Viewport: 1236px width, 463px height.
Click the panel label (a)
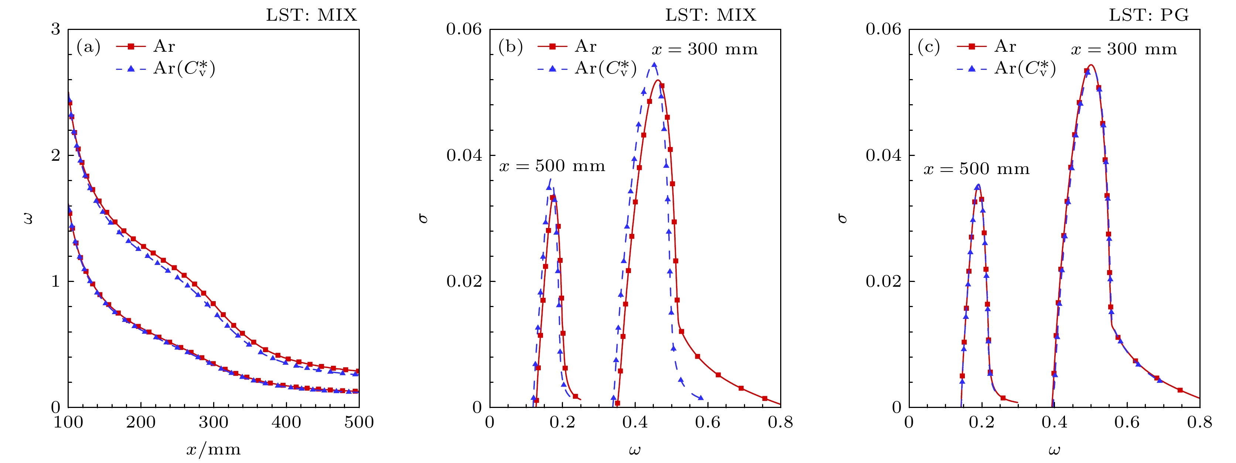click(88, 47)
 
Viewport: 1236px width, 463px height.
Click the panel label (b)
click(510, 47)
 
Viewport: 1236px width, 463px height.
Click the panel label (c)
click(928, 47)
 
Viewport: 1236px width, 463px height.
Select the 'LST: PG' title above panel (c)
click(1148, 16)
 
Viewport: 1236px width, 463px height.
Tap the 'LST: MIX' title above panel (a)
click(311, 16)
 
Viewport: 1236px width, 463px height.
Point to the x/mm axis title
click(214, 450)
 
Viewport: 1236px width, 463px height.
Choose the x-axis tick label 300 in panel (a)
click(214, 423)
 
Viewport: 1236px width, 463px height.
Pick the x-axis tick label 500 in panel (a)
click(359, 423)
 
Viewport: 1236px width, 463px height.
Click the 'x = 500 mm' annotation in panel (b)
click(552, 166)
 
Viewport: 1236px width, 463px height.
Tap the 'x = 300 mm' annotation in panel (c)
click(1124, 49)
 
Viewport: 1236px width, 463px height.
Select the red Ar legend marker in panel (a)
click(130, 47)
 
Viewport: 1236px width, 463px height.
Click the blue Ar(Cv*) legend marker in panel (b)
click(552, 69)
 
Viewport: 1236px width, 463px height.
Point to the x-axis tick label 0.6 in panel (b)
click(708, 423)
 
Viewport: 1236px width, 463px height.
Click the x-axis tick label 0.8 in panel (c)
click(1199, 423)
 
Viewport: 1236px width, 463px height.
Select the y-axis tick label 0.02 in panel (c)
click(883, 281)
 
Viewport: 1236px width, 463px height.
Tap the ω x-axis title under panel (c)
click(1054, 450)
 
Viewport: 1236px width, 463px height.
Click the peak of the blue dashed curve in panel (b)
click(654, 64)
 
